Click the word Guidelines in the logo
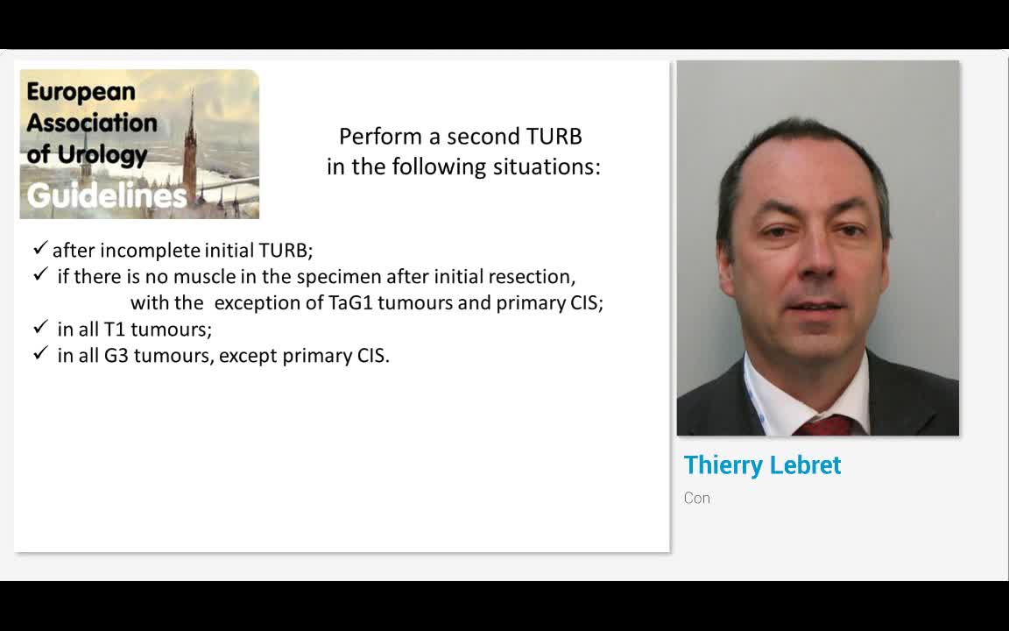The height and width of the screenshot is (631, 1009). tap(106, 195)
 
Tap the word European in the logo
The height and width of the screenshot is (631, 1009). tap(81, 91)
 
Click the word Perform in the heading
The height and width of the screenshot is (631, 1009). tap(368, 137)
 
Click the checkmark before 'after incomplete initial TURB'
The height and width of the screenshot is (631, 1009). tap(40, 249)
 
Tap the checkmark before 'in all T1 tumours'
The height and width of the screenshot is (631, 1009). tap(40, 328)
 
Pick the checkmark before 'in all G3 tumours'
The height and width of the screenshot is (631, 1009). tap(40, 354)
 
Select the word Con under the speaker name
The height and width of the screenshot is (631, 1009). tap(697, 498)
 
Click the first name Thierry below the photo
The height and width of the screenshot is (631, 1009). tap(723, 465)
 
